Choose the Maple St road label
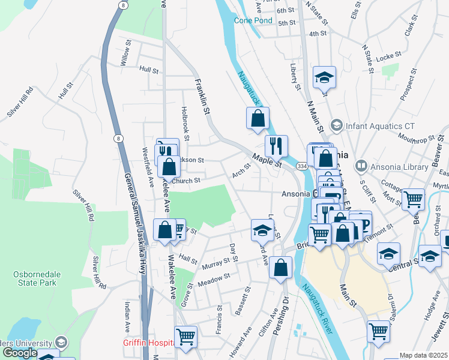click(267, 161)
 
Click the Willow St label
click(125, 53)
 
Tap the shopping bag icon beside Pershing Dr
click(281, 268)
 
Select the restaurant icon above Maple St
click(276, 145)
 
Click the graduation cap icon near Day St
click(262, 229)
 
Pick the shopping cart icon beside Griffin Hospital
click(185, 337)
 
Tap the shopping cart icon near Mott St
click(413, 199)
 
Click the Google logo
click(19, 352)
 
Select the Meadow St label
click(214, 278)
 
